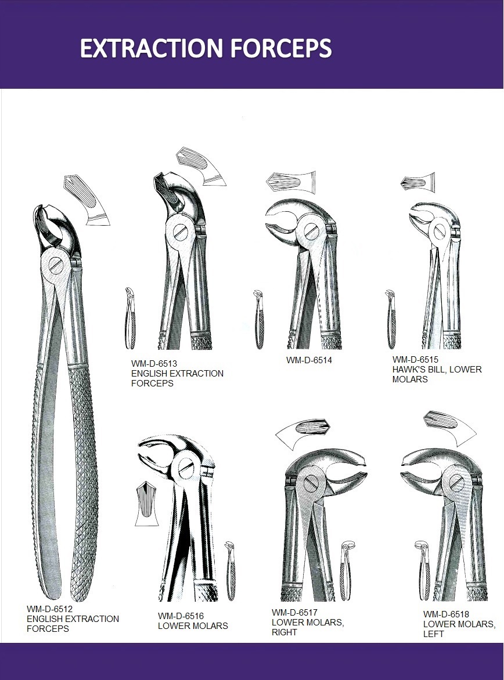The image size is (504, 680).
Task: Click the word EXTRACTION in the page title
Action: [x=153, y=48]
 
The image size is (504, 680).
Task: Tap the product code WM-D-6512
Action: [x=50, y=609]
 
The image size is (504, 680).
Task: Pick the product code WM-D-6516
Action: [x=181, y=616]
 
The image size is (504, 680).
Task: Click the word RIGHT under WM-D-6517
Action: [x=285, y=632]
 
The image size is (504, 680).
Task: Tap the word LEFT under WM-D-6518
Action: [x=434, y=634]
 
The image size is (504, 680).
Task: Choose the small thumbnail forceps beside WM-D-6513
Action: [x=131, y=319]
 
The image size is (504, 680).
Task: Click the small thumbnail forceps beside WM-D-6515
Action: [x=390, y=320]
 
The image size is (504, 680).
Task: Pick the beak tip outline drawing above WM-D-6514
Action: [x=291, y=182]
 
